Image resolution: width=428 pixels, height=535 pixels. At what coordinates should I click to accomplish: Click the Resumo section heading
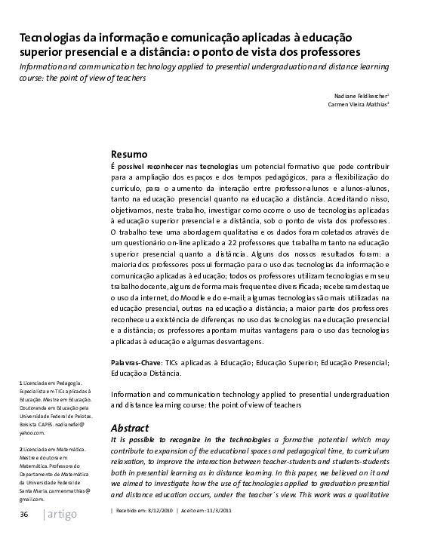(129, 154)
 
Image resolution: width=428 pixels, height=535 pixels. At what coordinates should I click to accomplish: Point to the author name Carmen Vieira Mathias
(358, 106)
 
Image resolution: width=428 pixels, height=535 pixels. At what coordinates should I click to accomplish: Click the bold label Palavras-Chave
(137, 364)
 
